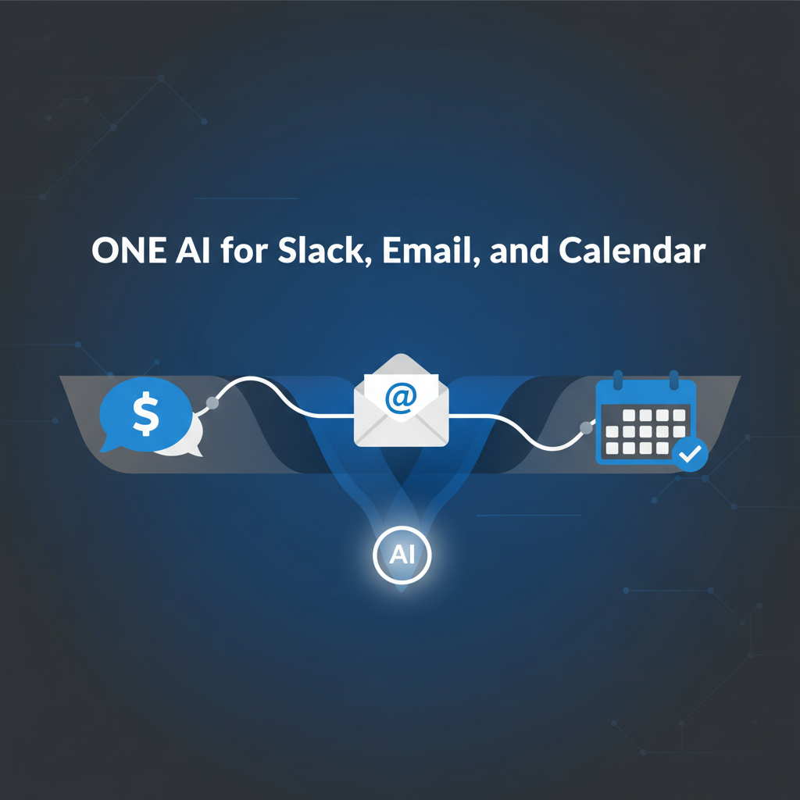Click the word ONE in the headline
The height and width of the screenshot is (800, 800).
129,251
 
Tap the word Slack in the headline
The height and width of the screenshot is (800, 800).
324,250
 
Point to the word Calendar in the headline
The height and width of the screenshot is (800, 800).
632,250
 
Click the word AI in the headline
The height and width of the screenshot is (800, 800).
193,251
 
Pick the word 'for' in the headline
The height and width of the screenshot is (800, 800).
244,250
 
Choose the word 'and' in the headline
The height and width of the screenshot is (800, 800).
519,250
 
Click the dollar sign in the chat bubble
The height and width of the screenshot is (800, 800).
146,413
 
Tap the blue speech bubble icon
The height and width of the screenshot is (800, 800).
145,414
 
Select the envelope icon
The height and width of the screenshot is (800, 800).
402,401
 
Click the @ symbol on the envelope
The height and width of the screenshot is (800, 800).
401,398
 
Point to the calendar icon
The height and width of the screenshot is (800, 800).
646,419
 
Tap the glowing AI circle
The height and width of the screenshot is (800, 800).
402,555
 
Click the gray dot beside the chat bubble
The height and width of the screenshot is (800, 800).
212,403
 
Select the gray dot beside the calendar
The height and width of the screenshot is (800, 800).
587,427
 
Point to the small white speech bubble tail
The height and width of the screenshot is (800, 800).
196,451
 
